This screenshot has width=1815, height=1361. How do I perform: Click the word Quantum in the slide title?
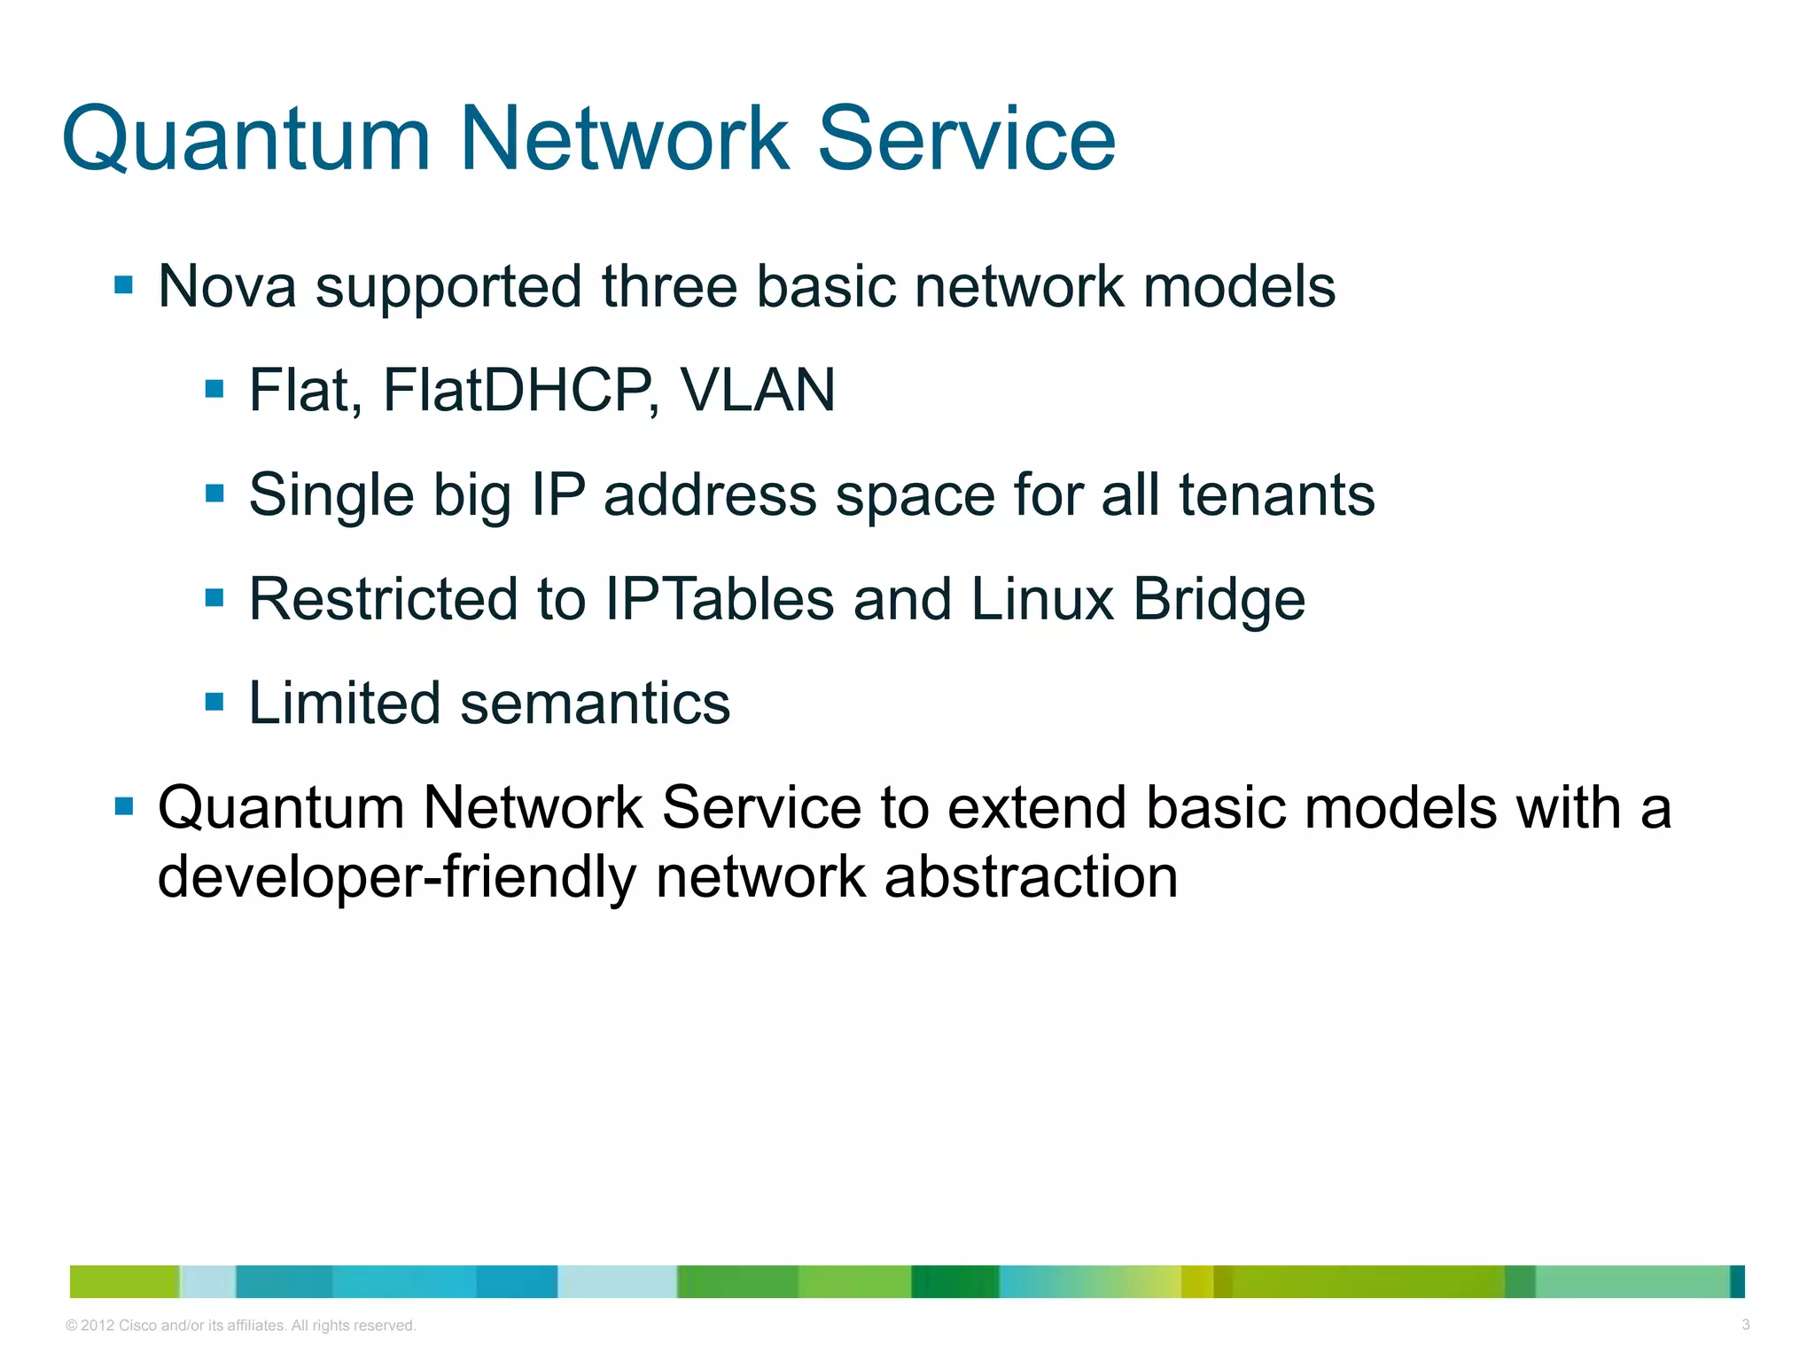(246, 140)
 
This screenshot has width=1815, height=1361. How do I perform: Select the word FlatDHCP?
(518, 390)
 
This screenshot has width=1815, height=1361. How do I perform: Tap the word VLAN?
(758, 390)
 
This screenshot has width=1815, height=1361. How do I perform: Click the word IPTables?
(720, 599)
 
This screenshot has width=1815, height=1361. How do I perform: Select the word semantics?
(596, 704)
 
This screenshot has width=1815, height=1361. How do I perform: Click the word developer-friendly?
(397, 877)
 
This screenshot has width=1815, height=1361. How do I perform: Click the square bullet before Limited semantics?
(214, 703)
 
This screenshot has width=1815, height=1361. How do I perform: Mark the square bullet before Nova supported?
(124, 285)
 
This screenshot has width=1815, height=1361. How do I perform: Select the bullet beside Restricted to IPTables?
(214, 598)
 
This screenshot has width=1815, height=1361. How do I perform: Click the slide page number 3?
(1745, 1325)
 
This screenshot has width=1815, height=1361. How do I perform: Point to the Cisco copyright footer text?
(241, 1326)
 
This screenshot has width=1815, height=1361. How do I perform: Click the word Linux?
(1042, 599)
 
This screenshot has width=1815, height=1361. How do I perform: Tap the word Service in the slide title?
(966, 140)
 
